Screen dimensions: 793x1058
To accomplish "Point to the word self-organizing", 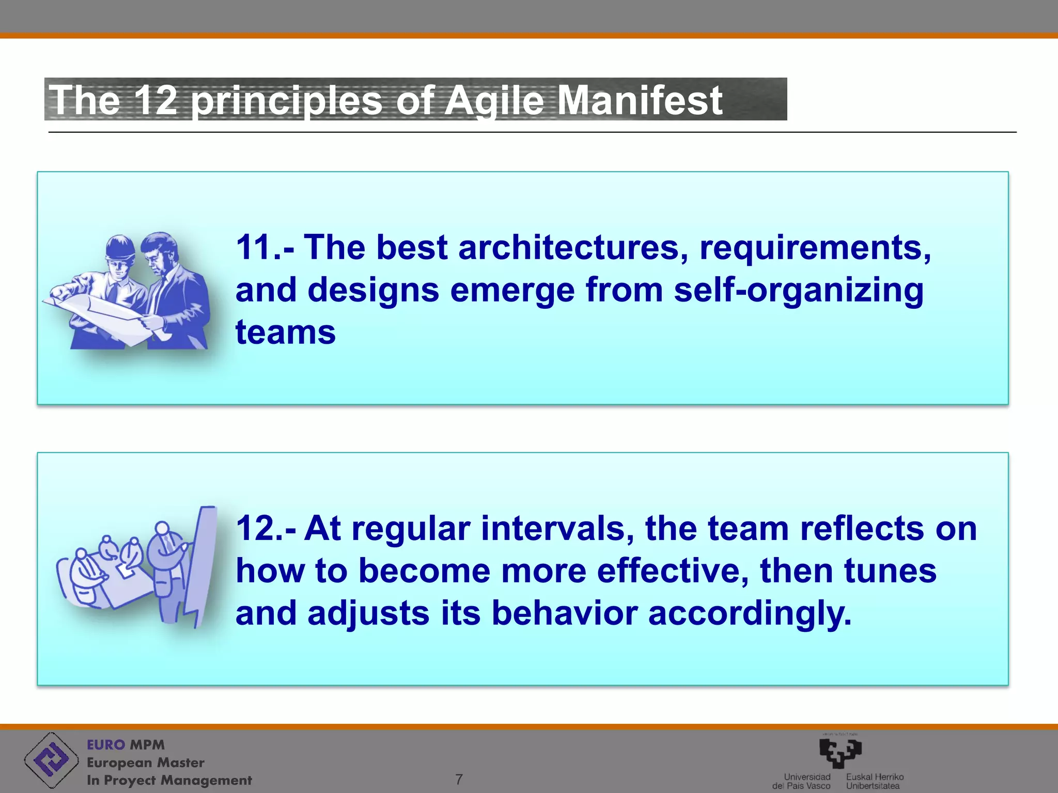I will click(798, 290).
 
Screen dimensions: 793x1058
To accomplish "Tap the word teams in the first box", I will click(285, 332).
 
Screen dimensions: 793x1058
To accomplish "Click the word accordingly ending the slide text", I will click(748, 613).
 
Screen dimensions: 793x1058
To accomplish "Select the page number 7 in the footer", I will click(459, 779).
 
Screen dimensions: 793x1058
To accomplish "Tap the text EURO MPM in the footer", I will click(126, 745).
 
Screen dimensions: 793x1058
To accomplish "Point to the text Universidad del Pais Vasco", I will click(802, 781).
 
